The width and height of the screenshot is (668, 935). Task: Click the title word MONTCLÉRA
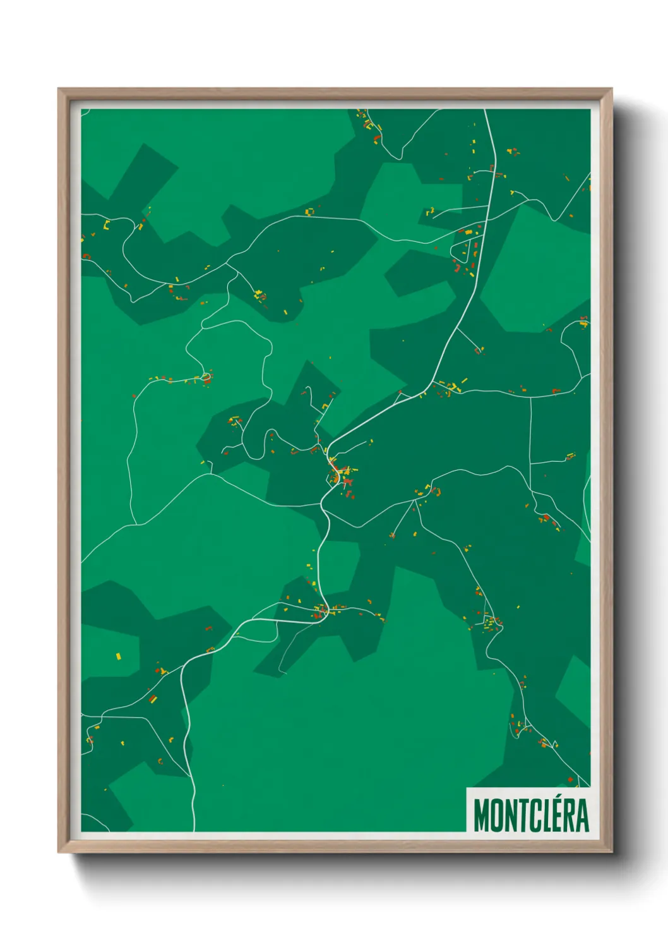530,815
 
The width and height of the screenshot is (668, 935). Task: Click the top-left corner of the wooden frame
59,90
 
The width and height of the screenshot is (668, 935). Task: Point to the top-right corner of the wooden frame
611,90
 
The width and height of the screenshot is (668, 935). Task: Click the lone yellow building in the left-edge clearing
117,656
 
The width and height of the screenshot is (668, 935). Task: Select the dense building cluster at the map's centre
341,472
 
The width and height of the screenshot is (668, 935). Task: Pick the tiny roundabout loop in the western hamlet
206,378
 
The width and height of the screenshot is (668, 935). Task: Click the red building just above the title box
570,781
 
